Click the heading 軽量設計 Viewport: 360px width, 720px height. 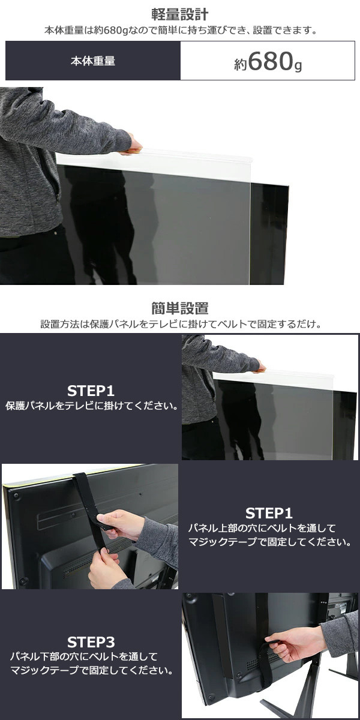pyautogui.click(x=180, y=14)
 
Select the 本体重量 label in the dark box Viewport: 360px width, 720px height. pyautogui.click(x=93, y=61)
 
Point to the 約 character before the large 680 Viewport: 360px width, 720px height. pyautogui.click(x=241, y=64)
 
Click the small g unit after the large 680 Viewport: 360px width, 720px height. pyautogui.click(x=298, y=66)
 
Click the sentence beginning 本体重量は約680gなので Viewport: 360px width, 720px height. pyautogui.click(x=181, y=31)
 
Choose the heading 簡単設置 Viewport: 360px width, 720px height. pyautogui.click(x=180, y=308)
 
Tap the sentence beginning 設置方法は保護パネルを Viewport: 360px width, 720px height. pyautogui.click(x=181, y=324)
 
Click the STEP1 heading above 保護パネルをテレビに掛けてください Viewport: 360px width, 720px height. pyautogui.click(x=91, y=391)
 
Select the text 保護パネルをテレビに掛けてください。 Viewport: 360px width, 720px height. pyautogui.click(x=91, y=406)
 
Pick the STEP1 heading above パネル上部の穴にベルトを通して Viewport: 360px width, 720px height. pyautogui.click(x=269, y=514)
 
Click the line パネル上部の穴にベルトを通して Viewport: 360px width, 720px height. pyautogui.click(x=262, y=528)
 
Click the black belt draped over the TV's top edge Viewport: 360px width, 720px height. pyautogui.click(x=89, y=508)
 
